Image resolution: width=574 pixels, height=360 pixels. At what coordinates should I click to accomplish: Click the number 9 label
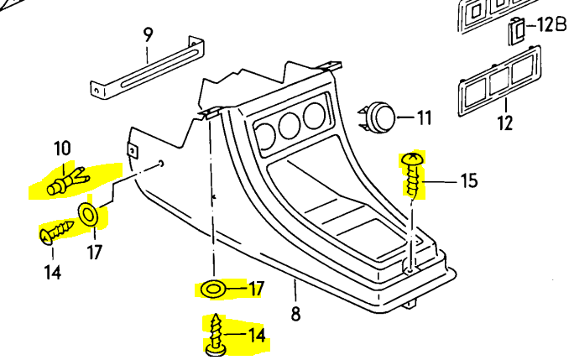click(x=149, y=35)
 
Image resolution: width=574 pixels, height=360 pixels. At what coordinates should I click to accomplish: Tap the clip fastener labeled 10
click(x=65, y=180)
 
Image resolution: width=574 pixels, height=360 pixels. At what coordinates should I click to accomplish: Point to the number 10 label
click(x=63, y=150)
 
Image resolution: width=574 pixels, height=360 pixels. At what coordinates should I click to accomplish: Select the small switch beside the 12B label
click(x=517, y=31)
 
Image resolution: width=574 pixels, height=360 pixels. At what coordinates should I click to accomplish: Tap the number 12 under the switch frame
click(x=504, y=124)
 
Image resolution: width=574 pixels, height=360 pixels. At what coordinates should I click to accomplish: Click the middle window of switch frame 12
click(x=500, y=81)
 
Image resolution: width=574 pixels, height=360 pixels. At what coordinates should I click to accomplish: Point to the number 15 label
click(x=467, y=180)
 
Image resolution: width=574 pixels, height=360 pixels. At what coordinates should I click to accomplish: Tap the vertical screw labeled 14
click(x=217, y=333)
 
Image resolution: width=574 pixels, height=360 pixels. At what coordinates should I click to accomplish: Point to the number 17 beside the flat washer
click(x=256, y=290)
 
